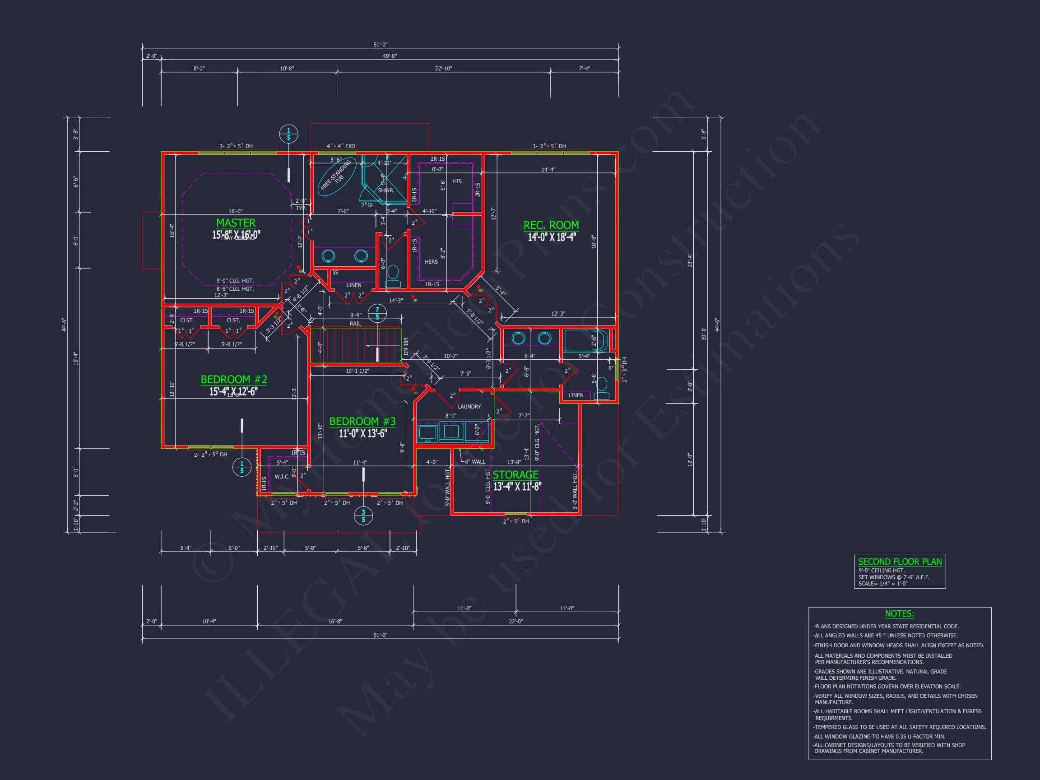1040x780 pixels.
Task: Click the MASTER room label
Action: tap(236, 223)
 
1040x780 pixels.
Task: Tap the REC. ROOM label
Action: tap(551, 225)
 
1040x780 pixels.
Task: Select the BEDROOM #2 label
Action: tap(234, 380)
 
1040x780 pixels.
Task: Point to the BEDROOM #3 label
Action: tap(362, 421)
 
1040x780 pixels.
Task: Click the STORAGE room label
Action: tap(515, 475)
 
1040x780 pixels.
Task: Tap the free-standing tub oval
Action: tap(337, 177)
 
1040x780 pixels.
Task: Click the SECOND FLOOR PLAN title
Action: tap(900, 562)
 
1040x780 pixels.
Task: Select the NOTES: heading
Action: tap(899, 613)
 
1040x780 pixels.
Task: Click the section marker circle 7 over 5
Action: tap(377, 314)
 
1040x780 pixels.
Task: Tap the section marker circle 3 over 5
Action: tap(363, 516)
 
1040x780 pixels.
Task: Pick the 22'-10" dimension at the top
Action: tap(443, 69)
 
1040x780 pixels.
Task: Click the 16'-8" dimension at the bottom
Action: tap(335, 622)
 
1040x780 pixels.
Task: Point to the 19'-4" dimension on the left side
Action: tap(76, 358)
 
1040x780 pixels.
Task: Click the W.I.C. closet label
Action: tap(282, 476)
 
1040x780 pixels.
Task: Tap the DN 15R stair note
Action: tap(406, 346)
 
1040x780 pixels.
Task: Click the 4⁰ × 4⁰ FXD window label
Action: tap(341, 146)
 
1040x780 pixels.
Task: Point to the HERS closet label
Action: tap(431, 262)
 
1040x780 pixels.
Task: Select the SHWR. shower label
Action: tap(386, 190)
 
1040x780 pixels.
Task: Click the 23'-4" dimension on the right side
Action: tap(690, 260)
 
